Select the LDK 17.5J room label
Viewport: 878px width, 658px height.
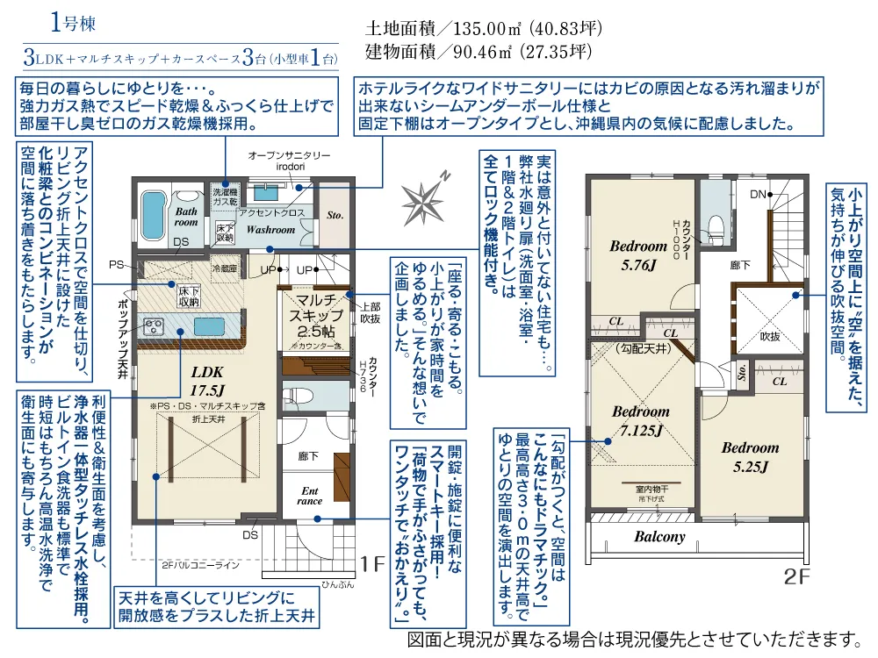[x=208, y=379]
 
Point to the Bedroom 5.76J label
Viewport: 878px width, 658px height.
[x=638, y=254]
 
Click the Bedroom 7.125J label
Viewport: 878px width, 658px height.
[x=640, y=420]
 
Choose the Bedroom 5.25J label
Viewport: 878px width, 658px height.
[x=750, y=457]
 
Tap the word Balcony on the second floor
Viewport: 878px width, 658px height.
[x=660, y=537]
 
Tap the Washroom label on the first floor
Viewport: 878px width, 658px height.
[x=270, y=229]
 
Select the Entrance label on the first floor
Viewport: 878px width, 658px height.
[x=310, y=496]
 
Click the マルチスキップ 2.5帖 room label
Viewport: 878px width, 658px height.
[x=317, y=315]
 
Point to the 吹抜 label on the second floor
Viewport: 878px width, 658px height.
[x=769, y=336]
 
